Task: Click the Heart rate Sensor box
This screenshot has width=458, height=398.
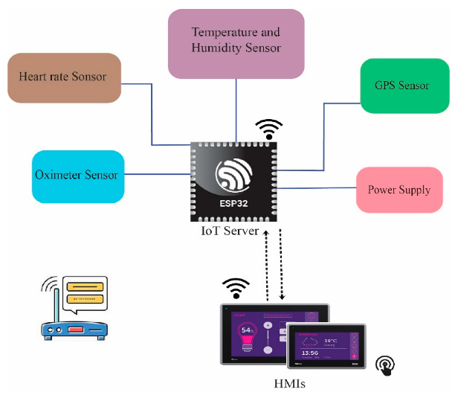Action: tap(64, 77)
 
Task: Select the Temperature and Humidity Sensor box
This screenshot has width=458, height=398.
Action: tap(236, 43)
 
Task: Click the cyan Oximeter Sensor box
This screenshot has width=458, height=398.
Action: tap(77, 176)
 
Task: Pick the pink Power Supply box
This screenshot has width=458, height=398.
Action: tap(399, 190)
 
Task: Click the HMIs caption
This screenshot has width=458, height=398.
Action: tap(291, 384)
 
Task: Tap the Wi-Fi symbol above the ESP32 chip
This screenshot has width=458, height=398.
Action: tap(268, 128)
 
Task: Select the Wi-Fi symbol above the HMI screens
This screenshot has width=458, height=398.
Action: tap(236, 287)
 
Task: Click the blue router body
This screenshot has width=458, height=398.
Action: tap(72, 329)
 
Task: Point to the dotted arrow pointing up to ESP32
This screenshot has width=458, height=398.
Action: tap(266, 264)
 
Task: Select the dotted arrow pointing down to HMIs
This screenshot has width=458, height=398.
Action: tap(281, 264)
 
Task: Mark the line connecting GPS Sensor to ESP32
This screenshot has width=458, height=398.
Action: tap(323, 134)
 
